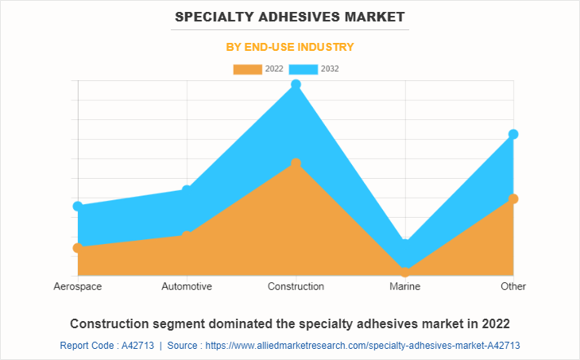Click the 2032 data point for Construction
click(296, 84)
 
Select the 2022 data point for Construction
click(296, 164)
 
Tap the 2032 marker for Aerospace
click(78, 207)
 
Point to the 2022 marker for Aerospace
click(78, 248)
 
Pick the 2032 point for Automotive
click(188, 190)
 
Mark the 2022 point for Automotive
click(188, 235)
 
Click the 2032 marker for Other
click(513, 134)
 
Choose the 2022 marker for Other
click(513, 199)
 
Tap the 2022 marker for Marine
click(405, 272)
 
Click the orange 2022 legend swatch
click(247, 69)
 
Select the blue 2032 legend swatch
click(304, 69)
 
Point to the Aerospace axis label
click(78, 286)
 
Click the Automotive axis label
click(187, 286)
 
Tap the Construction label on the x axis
click(296, 286)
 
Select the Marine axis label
click(405, 286)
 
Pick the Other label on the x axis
click(513, 286)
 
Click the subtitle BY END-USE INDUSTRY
click(290, 47)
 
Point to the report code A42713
click(137, 346)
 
